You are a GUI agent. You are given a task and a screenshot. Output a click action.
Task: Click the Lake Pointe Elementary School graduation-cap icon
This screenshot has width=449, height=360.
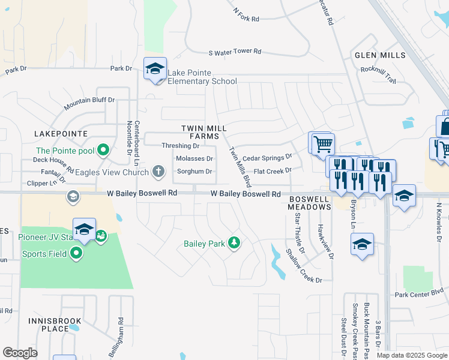coord(155,69)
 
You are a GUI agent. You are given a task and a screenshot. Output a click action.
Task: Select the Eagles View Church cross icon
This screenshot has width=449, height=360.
coord(159,172)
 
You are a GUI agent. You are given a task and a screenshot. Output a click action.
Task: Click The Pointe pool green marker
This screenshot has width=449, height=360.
coord(103,151)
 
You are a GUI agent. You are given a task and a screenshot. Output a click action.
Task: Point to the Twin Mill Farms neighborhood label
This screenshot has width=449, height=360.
coord(200,133)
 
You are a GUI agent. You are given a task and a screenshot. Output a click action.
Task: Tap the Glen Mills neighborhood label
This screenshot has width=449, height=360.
coord(380,55)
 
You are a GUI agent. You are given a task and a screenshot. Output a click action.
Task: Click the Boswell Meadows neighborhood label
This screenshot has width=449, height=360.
coord(309,202)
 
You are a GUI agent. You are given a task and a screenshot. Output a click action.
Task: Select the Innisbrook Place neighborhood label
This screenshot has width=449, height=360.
coord(50,325)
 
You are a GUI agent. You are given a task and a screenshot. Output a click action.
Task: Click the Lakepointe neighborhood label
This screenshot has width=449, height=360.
coord(61,133)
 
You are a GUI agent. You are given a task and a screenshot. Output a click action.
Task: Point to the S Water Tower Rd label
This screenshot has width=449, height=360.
coord(235,52)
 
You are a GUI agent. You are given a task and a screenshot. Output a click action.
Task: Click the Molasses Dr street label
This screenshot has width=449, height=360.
coord(194,158)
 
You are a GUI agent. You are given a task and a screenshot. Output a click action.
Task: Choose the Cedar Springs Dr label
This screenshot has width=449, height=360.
coord(267,157)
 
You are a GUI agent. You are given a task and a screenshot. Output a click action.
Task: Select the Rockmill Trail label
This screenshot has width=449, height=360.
coord(379,74)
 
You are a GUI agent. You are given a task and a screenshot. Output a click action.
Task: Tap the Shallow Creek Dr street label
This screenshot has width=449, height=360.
coord(303,267)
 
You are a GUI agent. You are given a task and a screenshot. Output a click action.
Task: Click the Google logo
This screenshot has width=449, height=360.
coord(20,352)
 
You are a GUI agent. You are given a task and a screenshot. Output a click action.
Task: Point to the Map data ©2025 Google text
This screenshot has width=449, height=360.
coord(412,355)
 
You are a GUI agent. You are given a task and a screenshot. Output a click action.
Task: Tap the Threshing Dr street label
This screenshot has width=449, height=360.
coord(181,146)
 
